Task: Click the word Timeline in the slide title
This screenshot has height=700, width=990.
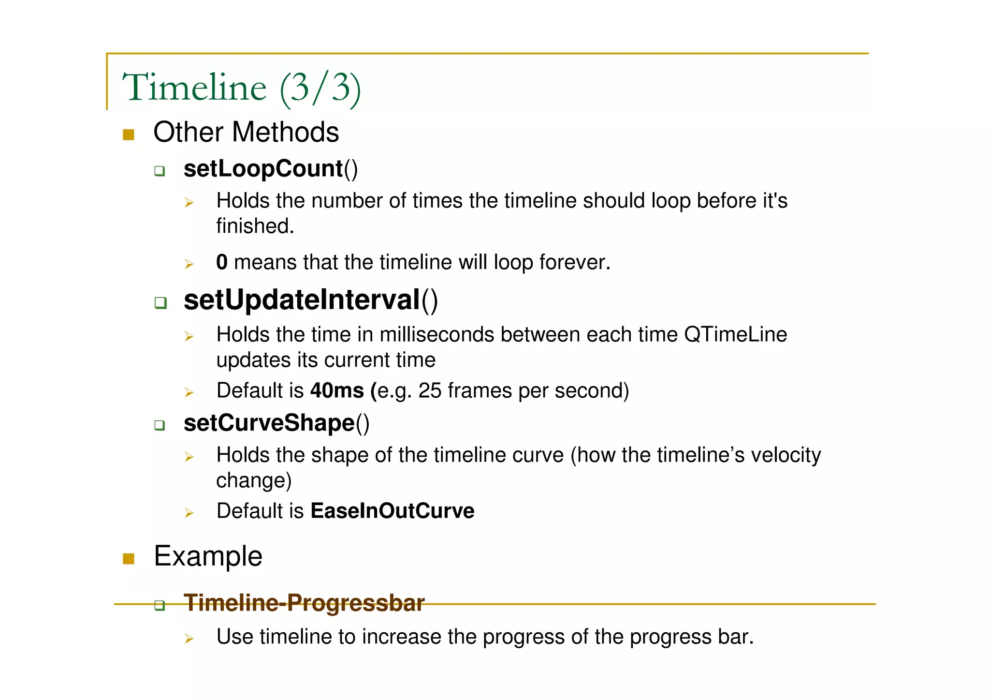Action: click(194, 88)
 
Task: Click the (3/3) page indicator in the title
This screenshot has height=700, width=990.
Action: click(320, 88)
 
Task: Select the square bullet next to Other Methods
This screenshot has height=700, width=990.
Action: click(128, 134)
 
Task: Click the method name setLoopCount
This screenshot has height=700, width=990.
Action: click(263, 169)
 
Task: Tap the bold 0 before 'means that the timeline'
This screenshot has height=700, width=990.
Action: click(221, 262)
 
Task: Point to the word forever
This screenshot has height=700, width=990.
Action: click(574, 262)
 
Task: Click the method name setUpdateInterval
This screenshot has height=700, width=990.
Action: click(302, 300)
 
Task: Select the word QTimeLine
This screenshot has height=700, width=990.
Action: click(735, 334)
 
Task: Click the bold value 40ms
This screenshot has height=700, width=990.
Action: click(337, 390)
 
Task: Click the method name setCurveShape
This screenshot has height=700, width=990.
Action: click(269, 423)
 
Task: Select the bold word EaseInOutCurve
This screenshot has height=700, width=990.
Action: click(392, 511)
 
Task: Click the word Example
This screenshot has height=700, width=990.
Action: click(208, 556)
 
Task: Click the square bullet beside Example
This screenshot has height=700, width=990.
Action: click(128, 559)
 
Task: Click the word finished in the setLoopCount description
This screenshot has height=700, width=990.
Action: click(254, 226)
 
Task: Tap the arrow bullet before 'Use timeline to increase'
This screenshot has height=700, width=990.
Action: click(189, 639)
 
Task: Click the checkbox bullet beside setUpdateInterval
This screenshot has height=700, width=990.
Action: click(160, 303)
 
